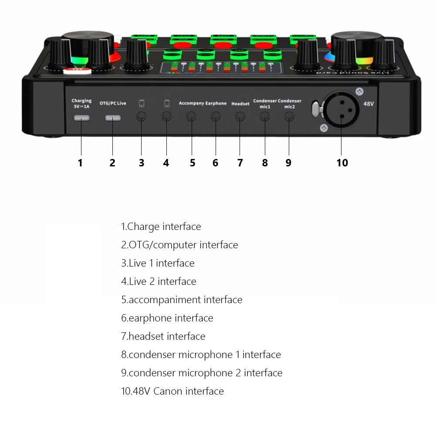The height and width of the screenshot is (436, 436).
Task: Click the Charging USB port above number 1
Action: coord(81,118)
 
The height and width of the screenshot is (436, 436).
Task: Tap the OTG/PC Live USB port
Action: coord(113,118)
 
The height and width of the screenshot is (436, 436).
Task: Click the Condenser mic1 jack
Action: coord(265,116)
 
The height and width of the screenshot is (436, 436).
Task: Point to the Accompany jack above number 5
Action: coord(191,116)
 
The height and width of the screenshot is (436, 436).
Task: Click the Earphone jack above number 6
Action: coord(216,116)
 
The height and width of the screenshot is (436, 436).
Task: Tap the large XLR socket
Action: coord(341,109)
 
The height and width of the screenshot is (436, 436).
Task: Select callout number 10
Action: coord(342,163)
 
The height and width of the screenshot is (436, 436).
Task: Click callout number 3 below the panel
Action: coord(142,163)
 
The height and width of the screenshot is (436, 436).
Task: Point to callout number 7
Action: coord(240,163)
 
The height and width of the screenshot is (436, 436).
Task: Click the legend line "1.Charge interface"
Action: coord(161,226)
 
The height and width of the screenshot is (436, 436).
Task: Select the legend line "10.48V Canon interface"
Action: coord(172,391)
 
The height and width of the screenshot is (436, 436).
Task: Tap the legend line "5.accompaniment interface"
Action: coord(182,300)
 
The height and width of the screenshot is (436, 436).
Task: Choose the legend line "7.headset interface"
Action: coord(163,336)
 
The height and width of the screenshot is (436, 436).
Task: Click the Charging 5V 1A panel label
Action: coord(81,103)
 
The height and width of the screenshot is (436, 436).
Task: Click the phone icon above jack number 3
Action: coord(142,104)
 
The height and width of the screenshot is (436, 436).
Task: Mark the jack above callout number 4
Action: coord(166,116)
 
